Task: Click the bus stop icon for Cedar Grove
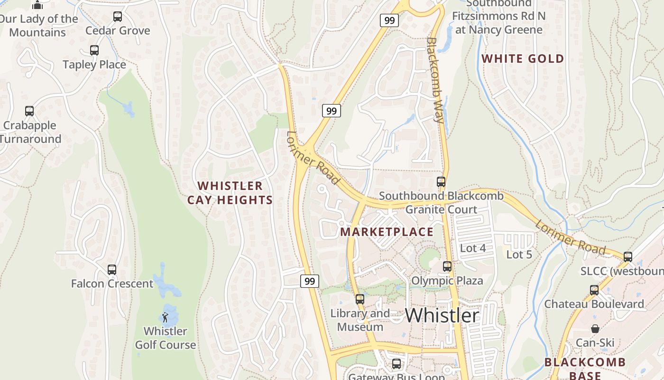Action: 118,17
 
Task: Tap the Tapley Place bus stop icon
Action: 94,50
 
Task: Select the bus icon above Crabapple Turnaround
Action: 29,111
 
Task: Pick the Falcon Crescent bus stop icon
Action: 112,270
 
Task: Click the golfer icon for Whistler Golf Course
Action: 165,317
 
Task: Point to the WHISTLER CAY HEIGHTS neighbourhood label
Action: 230,193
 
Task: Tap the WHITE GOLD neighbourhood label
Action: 523,59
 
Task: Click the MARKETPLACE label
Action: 387,232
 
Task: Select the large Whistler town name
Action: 442,315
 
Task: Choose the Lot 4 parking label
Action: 473,248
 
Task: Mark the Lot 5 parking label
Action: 519,254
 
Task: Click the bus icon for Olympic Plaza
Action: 447,266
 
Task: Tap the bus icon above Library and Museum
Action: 360,299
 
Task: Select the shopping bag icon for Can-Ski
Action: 595,329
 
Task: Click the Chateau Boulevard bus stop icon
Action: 594,290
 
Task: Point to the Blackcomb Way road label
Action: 435,81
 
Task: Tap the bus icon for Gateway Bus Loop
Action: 397,364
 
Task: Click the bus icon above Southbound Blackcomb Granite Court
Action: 441,181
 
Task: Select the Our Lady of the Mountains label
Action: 38,26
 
